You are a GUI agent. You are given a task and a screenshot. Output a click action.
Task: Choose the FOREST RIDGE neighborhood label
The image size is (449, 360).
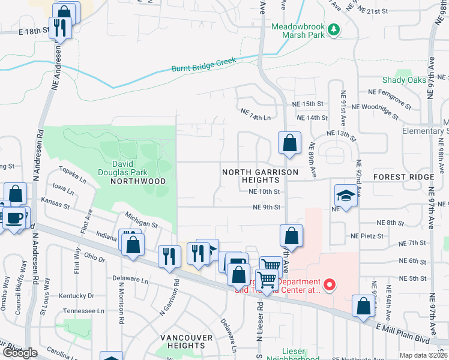coord(403,178)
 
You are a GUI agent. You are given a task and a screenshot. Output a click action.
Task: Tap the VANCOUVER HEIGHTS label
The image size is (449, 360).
coord(187,341)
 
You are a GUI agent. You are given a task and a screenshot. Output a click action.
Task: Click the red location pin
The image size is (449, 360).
coord(328,285)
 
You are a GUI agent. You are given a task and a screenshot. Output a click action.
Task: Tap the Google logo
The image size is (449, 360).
coord(20,353)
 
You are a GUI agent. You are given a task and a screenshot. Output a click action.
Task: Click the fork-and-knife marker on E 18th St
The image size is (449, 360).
coord(60,28)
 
